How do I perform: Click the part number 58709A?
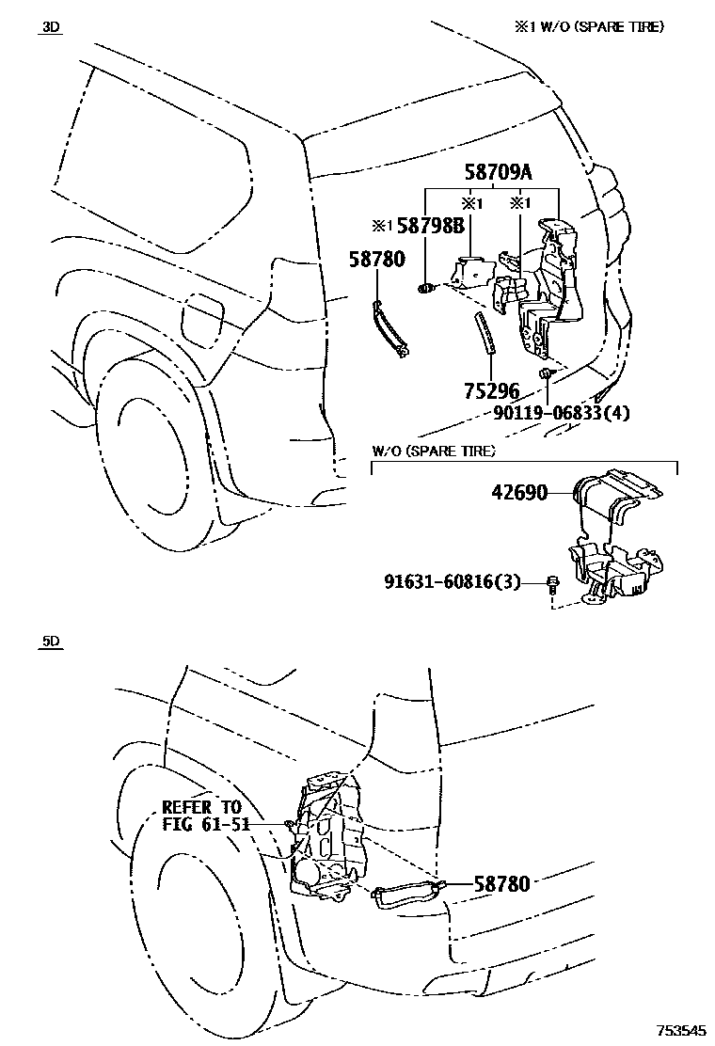click(x=498, y=172)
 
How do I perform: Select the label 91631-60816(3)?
click(x=452, y=582)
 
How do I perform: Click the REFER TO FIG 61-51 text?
click(x=201, y=816)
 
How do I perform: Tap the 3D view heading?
click(x=50, y=27)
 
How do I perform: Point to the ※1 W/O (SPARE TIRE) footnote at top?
click(x=587, y=27)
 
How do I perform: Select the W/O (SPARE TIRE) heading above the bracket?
click(x=434, y=451)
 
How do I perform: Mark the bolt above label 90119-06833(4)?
click(x=546, y=375)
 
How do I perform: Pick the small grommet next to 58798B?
click(x=424, y=287)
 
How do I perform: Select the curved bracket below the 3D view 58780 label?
click(x=390, y=327)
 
